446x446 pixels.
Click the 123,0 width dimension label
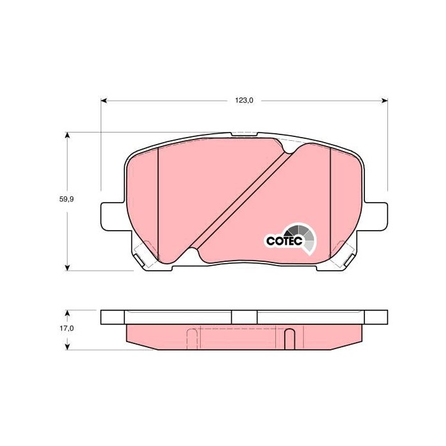pyautogui.click(x=244, y=101)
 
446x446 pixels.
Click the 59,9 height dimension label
pyautogui.click(x=66, y=199)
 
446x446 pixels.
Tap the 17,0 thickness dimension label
pyautogui.click(x=66, y=328)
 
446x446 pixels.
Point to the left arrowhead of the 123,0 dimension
pyautogui.click(x=104, y=101)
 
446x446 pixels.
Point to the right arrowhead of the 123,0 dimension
pyautogui.click(x=385, y=101)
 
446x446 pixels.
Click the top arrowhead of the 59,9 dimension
pyautogui.click(x=67, y=135)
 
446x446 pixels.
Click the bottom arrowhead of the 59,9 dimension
pyautogui.click(x=67, y=268)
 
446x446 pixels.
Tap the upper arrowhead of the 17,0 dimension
pyautogui.click(x=67, y=313)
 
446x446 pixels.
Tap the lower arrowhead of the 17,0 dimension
pyautogui.click(x=67, y=347)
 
